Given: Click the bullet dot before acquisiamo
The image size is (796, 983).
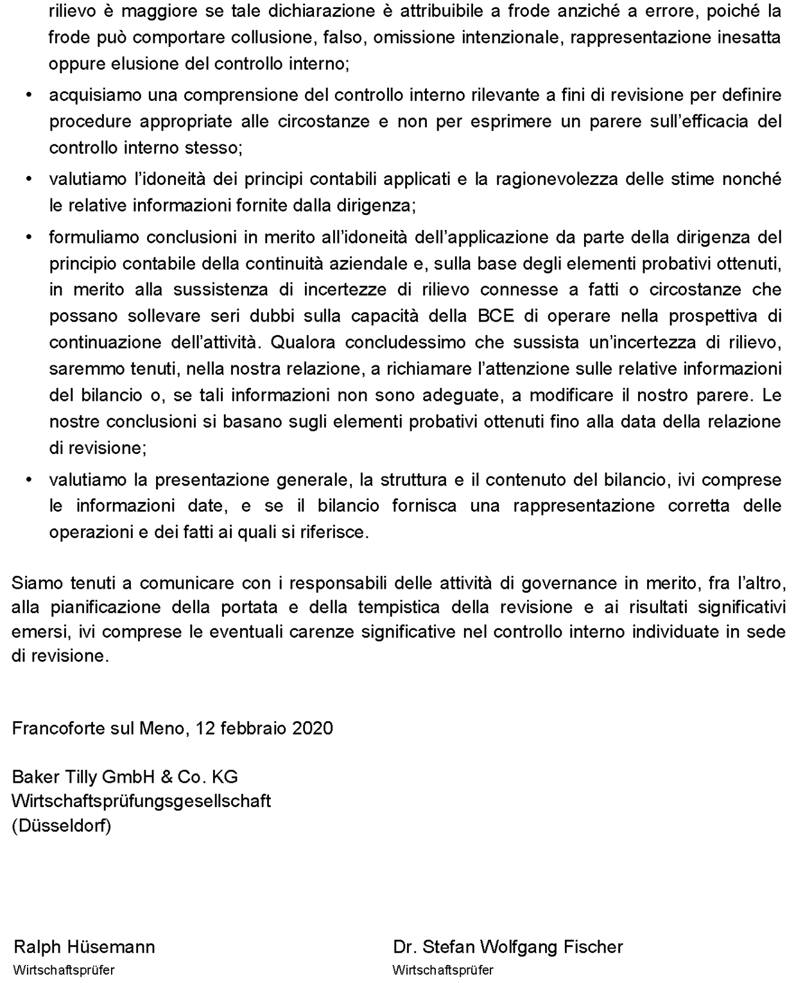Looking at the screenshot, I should click(28, 95).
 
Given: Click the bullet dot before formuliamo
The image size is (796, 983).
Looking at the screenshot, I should click(28, 238).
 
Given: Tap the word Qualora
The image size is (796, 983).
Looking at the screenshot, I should click(302, 342).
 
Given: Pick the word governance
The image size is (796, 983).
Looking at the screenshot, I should click(560, 583).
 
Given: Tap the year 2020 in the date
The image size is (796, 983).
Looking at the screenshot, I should click(313, 728).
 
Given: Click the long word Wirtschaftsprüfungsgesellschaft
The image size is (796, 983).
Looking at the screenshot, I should click(141, 801).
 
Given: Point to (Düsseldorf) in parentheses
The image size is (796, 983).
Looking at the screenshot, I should click(62, 826).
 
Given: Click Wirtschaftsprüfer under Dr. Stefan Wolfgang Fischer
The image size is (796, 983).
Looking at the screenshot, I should click(443, 970).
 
